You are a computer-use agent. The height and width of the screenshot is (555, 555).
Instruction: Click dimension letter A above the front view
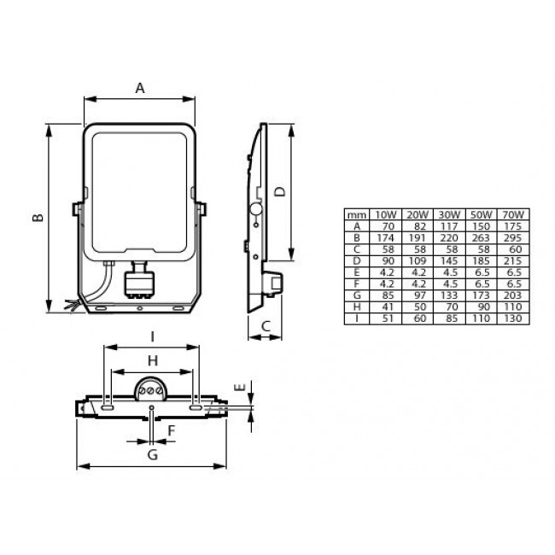(140, 86)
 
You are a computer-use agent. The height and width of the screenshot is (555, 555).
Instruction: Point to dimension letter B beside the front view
(37, 219)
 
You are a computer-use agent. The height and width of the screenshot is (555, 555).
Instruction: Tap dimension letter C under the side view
(266, 325)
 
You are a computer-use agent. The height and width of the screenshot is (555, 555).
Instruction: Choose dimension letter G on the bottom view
(152, 454)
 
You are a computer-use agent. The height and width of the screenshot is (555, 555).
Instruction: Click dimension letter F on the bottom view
(171, 430)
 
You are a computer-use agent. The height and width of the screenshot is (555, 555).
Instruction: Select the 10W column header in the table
(385, 213)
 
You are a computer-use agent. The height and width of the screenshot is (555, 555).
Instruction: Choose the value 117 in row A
(447, 225)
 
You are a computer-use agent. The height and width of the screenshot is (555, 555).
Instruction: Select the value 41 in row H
(385, 306)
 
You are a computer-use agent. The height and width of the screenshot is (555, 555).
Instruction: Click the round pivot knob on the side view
(254, 209)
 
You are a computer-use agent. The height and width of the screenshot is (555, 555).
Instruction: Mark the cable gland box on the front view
(140, 283)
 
